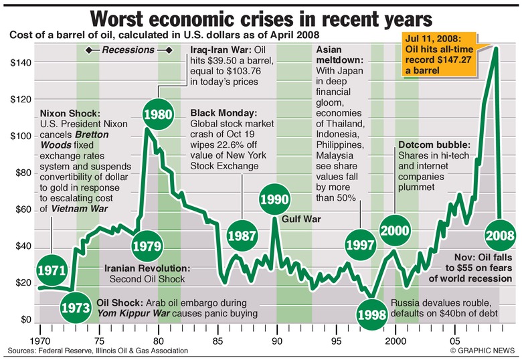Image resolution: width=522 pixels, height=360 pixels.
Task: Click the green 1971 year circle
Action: [52, 270]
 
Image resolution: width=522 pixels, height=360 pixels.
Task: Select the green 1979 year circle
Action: [145, 246]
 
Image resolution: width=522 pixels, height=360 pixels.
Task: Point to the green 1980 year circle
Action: [159, 114]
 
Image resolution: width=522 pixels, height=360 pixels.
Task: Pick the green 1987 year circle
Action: [241, 236]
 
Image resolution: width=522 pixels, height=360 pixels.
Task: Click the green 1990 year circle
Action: [274, 199]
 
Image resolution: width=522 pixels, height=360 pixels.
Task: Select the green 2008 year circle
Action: [501, 236]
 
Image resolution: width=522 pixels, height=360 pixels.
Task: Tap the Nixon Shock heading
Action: [71, 112]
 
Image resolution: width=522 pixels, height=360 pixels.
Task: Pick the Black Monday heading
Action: [224, 112]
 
